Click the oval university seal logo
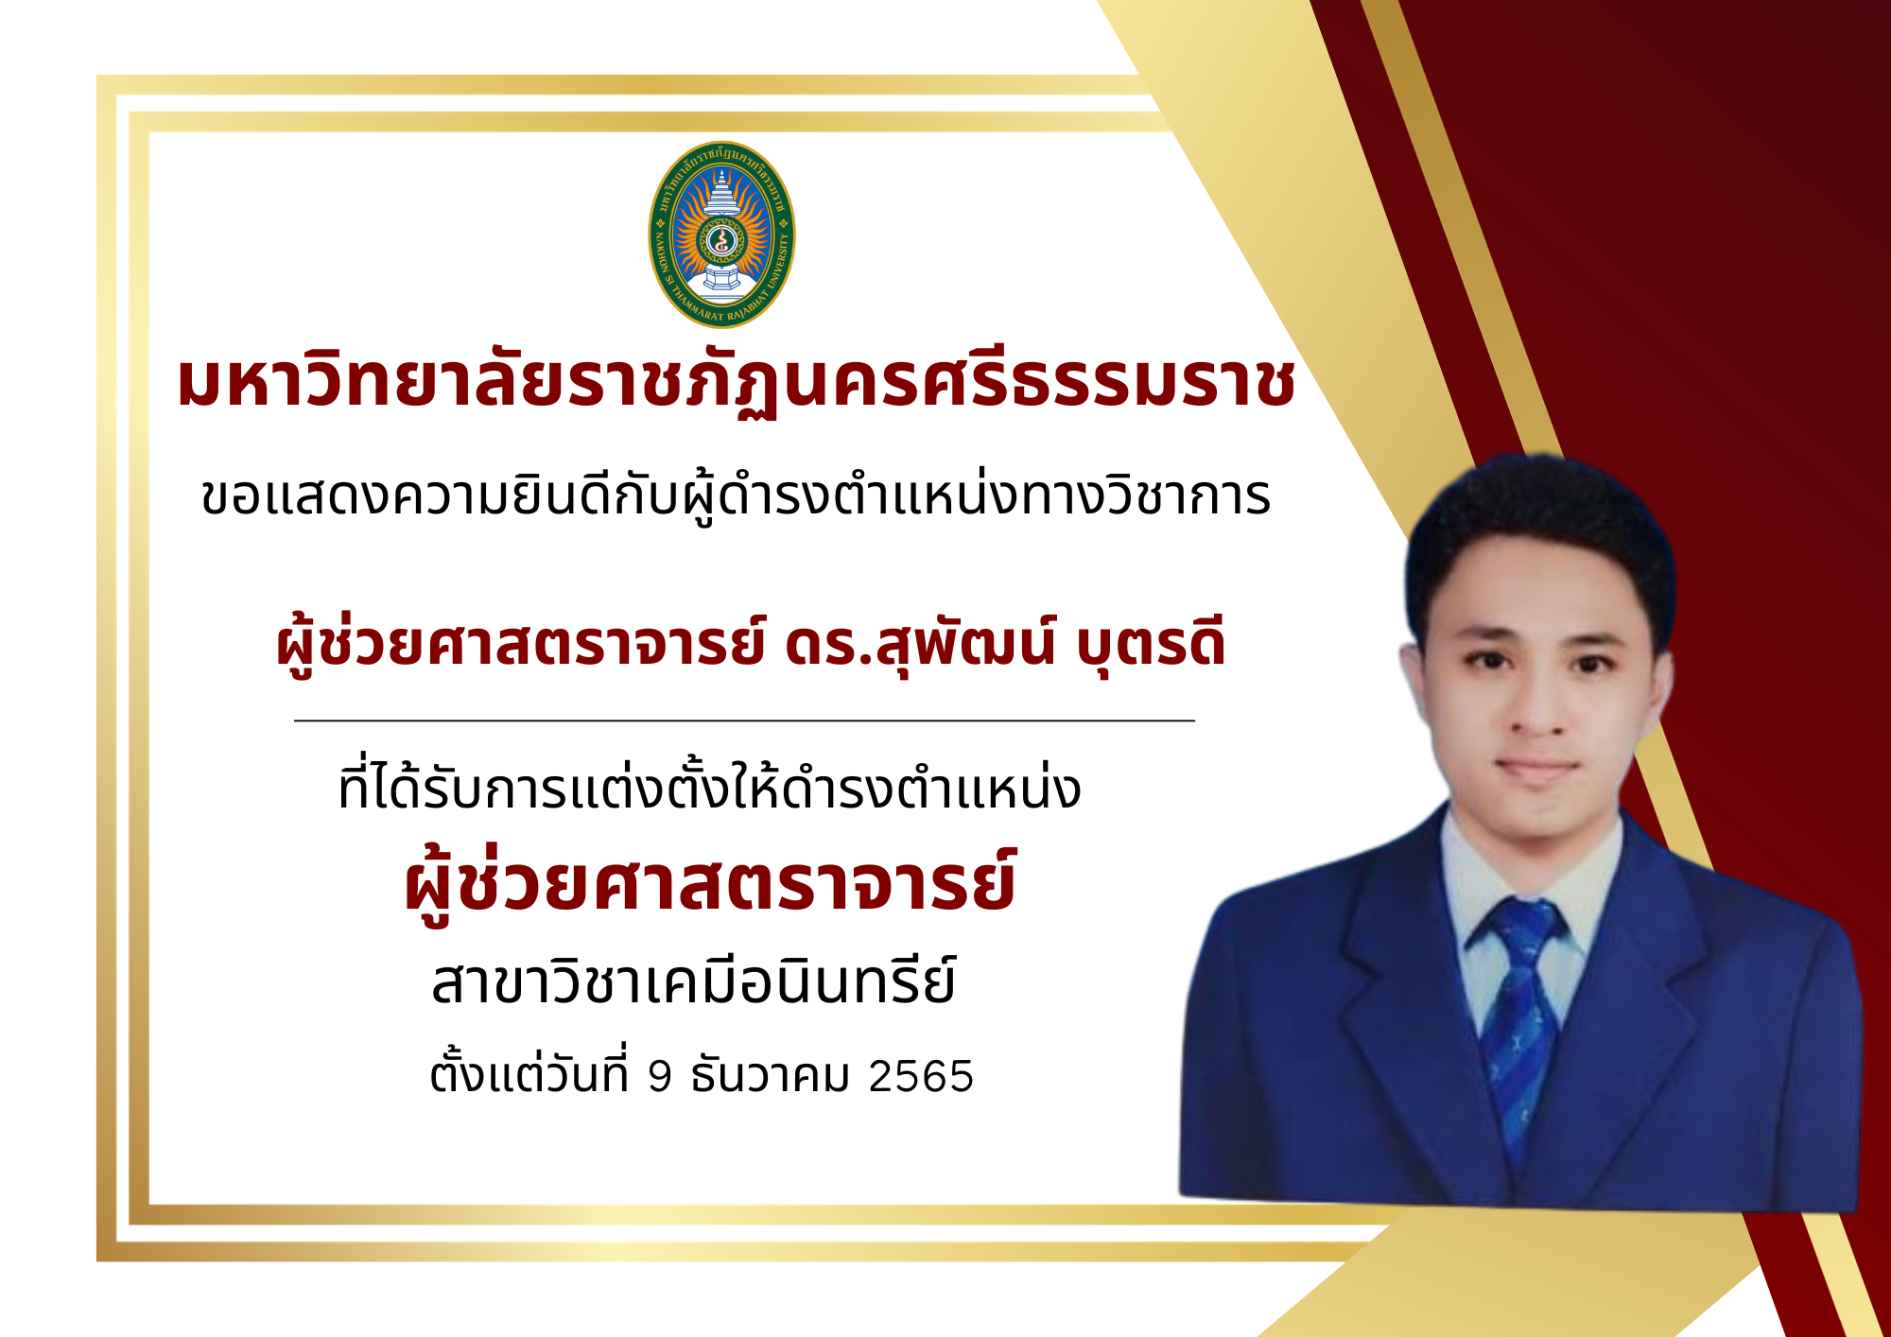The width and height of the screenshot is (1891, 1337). pyautogui.click(x=721, y=234)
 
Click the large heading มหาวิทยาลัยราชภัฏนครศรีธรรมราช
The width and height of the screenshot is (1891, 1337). pyautogui.click(x=736, y=383)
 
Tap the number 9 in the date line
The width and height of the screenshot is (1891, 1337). pyautogui.click(x=660, y=1076)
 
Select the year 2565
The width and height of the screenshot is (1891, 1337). pyautogui.click(x=921, y=1076)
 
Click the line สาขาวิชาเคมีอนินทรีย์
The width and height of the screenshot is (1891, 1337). pyautogui.click(x=693, y=981)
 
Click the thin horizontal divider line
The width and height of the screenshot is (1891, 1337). pyautogui.click(x=745, y=721)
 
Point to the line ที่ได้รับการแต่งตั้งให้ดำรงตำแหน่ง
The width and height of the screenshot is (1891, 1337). pyautogui.click(x=709, y=787)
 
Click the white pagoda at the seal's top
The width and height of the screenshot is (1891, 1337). pyautogui.click(x=721, y=194)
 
